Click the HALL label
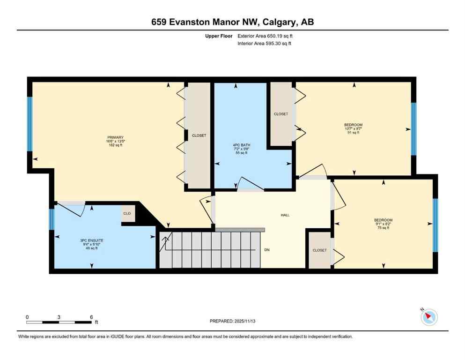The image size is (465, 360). point(285,215)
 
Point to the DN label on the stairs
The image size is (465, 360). point(267,250)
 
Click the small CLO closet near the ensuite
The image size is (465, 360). point(126,213)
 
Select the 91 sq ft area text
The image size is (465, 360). point(354,133)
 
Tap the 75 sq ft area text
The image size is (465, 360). point(383,228)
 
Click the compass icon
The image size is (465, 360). point(428,317)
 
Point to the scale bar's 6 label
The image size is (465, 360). point(91,317)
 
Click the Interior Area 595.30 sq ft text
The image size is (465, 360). point(265,44)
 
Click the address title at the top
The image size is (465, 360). point(232,22)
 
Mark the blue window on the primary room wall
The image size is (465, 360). point(30,124)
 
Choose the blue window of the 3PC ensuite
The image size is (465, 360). point(52,219)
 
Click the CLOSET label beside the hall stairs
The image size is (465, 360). point(319,250)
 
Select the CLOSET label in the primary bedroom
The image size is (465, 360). point(199,135)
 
